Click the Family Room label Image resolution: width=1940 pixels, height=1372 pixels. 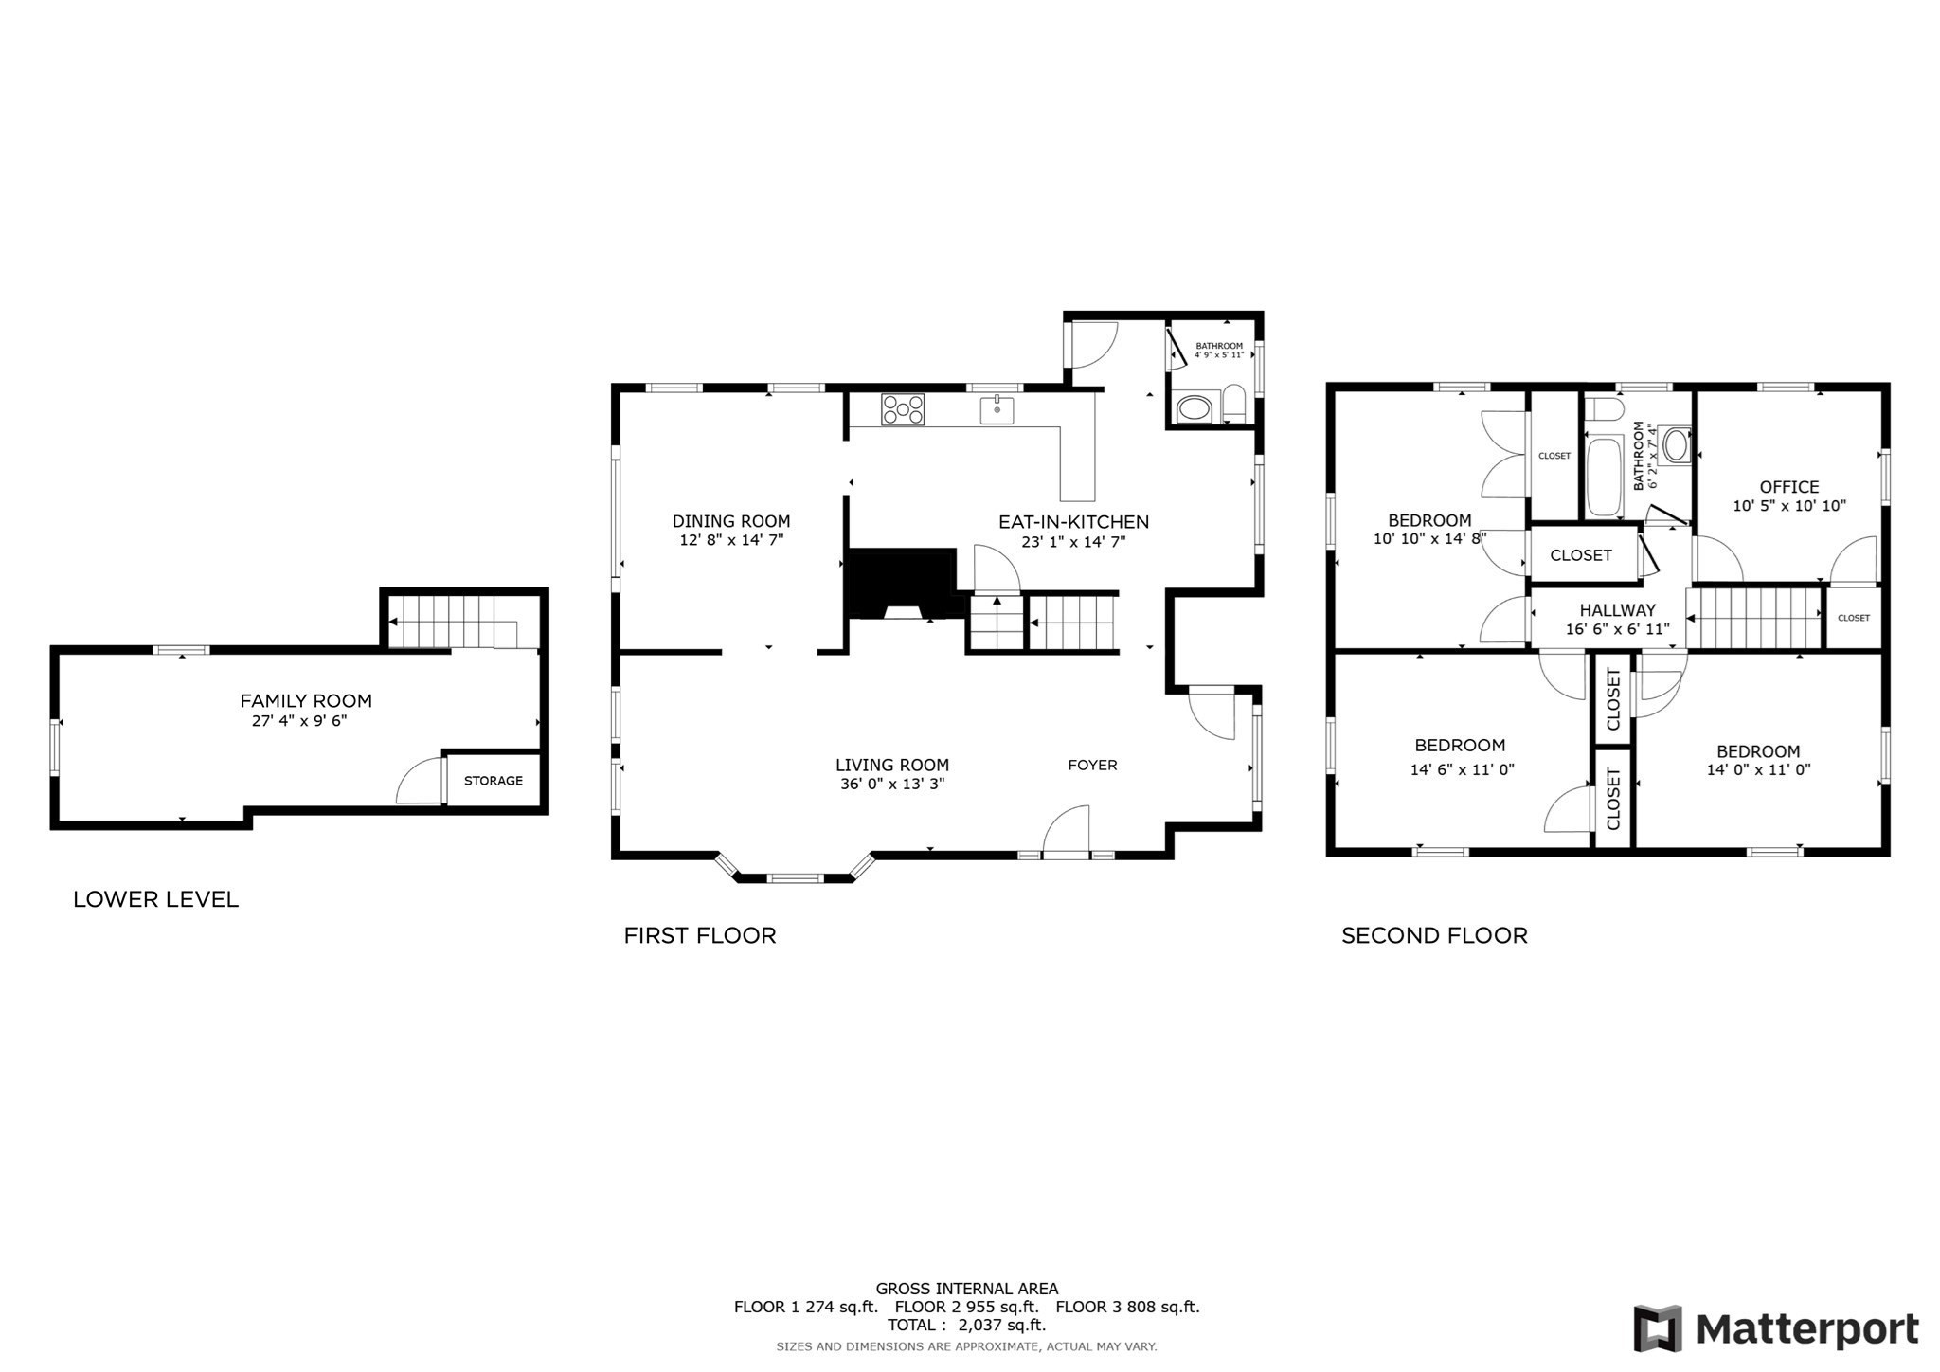click(x=305, y=700)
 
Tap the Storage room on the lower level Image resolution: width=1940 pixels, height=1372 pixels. click(x=493, y=780)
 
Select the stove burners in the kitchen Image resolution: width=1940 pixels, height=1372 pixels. click(x=902, y=409)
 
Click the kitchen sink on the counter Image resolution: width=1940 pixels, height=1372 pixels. click(x=997, y=410)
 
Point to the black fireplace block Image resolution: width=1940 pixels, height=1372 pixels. click(x=901, y=583)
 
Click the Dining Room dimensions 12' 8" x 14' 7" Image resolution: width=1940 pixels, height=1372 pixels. click(x=730, y=541)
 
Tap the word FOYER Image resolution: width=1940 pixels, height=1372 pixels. click(x=1092, y=765)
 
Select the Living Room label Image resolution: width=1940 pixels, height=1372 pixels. click(x=891, y=765)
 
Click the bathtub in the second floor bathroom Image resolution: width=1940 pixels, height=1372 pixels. click(x=1604, y=477)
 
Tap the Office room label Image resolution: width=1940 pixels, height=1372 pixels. click(x=1788, y=487)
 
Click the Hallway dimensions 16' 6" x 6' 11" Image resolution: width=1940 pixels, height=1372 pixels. click(x=1617, y=629)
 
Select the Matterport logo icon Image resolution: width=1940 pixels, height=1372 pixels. click(x=1657, y=1328)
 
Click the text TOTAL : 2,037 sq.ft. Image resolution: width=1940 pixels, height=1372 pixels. click(x=966, y=1325)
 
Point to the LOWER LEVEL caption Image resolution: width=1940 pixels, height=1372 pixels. click(x=155, y=899)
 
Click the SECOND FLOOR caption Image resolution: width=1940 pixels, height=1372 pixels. click(x=1434, y=935)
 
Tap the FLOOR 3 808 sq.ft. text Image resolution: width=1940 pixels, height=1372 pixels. click(x=1127, y=1307)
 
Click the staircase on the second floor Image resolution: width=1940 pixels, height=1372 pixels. click(x=1754, y=618)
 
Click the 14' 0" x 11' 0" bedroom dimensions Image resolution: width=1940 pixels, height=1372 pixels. click(x=1758, y=770)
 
